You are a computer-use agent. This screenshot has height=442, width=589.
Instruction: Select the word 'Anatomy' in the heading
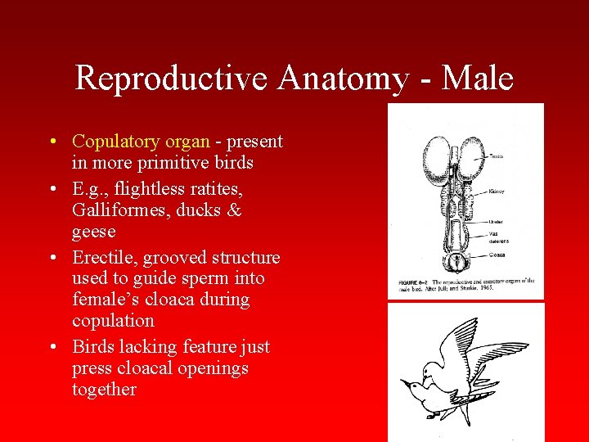[343, 79]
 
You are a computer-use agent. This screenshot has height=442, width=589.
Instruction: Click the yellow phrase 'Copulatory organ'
[141, 142]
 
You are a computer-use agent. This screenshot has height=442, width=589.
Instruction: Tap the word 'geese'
[94, 232]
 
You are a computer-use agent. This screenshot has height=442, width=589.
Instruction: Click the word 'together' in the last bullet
[104, 390]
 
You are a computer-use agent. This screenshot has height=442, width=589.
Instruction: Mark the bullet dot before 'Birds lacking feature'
[52, 347]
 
